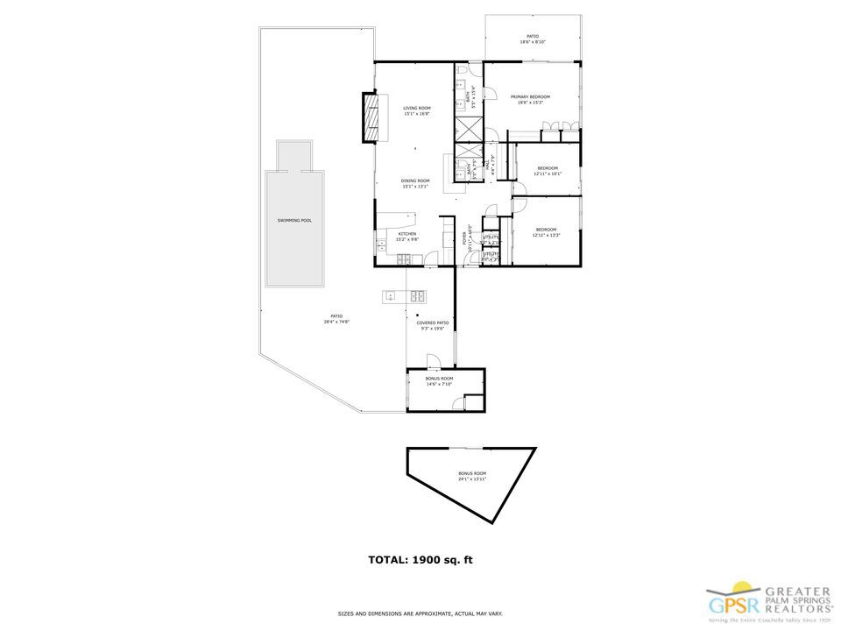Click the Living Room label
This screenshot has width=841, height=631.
point(417,110)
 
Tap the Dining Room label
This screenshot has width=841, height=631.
point(416,183)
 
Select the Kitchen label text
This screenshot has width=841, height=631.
point(406,237)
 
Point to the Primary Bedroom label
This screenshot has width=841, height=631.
point(530,99)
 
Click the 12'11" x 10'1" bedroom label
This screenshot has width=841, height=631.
point(548,170)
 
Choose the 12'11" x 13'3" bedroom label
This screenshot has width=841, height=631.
point(547,232)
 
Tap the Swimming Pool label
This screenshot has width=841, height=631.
point(294,221)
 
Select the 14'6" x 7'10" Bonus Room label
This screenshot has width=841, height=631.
point(439,381)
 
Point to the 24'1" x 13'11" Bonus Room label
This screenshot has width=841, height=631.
point(471,477)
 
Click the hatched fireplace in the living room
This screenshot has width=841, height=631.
point(373,117)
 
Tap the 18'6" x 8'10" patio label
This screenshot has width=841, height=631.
point(533,39)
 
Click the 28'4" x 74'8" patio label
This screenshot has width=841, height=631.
point(336,318)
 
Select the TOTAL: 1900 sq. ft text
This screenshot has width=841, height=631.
point(420,559)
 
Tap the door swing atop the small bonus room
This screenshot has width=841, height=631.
point(432,361)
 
